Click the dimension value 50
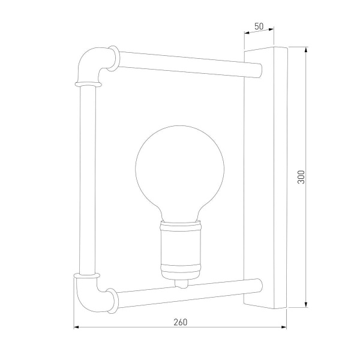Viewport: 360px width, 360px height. coord(259,26)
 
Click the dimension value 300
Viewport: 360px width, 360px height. coord(301,176)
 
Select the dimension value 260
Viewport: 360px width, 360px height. coord(180,321)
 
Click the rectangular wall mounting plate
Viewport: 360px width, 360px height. coord(266,178)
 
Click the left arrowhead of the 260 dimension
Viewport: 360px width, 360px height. coord(77,327)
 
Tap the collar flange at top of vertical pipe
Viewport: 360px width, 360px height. coord(88,80)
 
